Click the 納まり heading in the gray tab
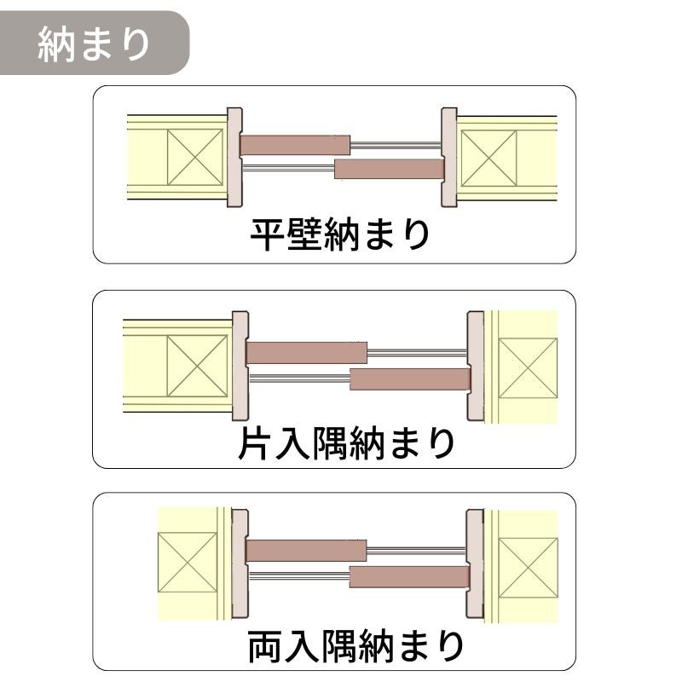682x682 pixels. click(x=94, y=44)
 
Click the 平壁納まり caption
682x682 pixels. click(x=340, y=235)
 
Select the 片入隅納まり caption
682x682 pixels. click(x=346, y=443)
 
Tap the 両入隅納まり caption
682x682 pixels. click(x=355, y=647)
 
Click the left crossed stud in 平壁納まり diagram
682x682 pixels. click(x=195, y=158)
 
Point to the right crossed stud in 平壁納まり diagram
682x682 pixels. click(x=488, y=158)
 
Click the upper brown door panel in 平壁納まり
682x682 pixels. click(x=295, y=145)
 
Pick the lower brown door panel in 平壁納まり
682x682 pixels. click(x=390, y=169)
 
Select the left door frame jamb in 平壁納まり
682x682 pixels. click(x=235, y=157)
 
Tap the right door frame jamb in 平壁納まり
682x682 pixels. click(x=449, y=157)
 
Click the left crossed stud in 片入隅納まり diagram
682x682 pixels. click(x=197, y=366)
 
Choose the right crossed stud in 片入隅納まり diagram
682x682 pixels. click(x=528, y=368)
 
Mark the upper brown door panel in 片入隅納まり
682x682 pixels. click(x=307, y=353)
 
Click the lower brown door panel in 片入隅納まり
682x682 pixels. click(x=410, y=379)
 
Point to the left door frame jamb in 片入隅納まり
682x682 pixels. click(x=240, y=366)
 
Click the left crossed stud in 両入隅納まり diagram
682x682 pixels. click(x=188, y=563)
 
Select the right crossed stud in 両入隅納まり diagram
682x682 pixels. click(x=528, y=568)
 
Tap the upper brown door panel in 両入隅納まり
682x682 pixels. click(x=306, y=550)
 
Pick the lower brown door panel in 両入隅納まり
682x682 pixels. click(x=410, y=577)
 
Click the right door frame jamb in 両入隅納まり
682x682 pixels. click(x=475, y=564)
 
